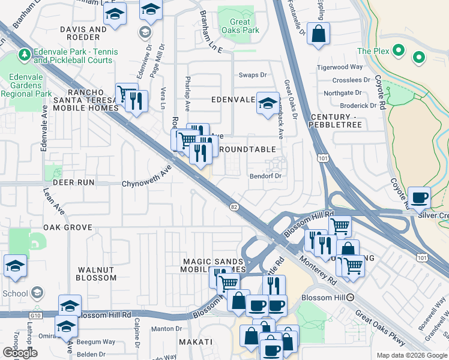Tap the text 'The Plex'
click(373, 51)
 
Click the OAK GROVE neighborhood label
click(67, 227)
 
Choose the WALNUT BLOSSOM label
click(96, 274)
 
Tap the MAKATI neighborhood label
click(196, 341)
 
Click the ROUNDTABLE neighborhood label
click(248, 149)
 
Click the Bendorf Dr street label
click(266, 176)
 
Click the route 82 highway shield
click(234, 206)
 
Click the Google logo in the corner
click(20, 353)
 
